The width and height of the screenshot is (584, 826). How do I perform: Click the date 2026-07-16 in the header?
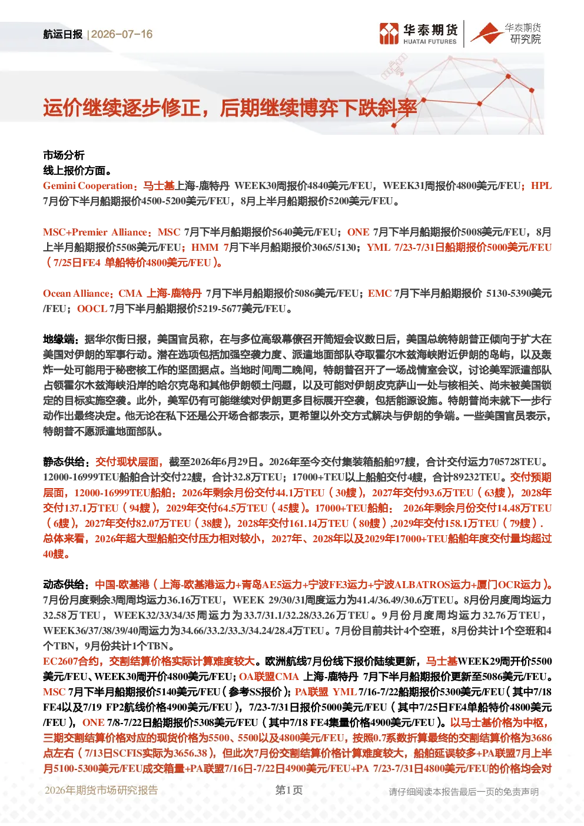point(122,34)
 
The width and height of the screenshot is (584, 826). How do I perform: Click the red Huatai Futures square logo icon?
point(389,34)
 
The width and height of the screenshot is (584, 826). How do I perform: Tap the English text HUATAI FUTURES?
point(430,42)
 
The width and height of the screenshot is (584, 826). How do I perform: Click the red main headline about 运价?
point(230,108)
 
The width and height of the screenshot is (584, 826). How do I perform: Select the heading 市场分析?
point(64,155)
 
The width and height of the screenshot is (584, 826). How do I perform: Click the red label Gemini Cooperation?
point(88,185)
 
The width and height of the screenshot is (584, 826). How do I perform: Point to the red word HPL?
point(541,185)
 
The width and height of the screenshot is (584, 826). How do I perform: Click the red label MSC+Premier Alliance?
point(95,232)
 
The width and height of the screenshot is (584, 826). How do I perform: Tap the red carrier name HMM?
point(205,247)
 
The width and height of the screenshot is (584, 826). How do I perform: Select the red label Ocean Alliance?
point(77,293)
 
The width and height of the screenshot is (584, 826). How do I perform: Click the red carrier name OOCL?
point(92,308)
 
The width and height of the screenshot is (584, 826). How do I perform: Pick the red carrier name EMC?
point(380,293)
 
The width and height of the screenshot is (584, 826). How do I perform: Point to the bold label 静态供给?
point(64,462)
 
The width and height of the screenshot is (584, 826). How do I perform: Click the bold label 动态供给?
point(64,583)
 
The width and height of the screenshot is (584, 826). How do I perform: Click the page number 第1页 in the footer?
point(289,789)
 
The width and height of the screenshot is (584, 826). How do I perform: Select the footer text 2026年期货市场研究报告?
point(101,790)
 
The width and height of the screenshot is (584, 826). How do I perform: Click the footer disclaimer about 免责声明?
point(464,791)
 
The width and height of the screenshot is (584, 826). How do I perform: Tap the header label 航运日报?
point(63,34)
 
